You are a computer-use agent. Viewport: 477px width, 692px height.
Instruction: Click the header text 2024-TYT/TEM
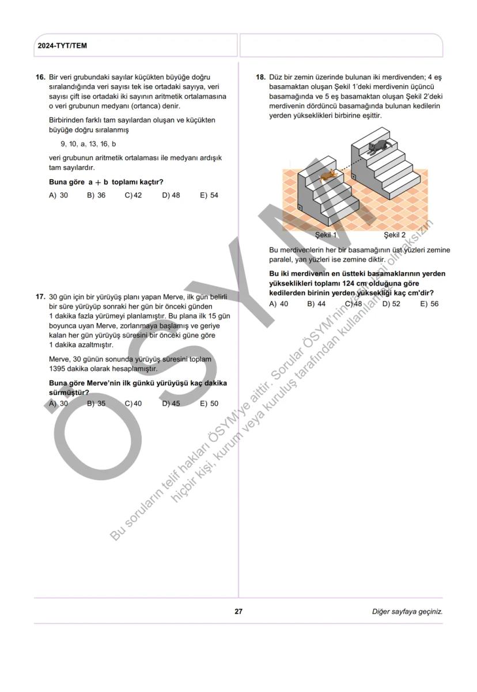point(62,46)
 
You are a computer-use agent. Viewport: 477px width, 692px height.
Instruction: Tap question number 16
point(40,77)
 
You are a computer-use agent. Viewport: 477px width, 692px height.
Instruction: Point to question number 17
point(40,297)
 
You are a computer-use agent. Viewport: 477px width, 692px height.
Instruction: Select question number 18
point(260,77)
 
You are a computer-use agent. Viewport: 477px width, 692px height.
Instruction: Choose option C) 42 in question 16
point(133,195)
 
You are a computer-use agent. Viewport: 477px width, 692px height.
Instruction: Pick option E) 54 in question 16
point(209,195)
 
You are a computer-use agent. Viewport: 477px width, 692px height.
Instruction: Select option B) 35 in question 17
point(96,404)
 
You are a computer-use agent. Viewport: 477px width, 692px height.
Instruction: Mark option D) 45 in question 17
point(171,404)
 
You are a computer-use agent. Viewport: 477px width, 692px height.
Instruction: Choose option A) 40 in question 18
point(279,303)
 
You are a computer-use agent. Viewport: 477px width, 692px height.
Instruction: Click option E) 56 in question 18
point(429,303)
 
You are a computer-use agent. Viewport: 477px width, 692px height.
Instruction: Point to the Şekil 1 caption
point(326,235)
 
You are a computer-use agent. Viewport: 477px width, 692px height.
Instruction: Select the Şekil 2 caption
point(395,235)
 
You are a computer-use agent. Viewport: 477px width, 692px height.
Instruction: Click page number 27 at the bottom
point(238,611)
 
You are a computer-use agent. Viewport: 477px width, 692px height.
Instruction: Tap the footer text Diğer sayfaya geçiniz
point(407,611)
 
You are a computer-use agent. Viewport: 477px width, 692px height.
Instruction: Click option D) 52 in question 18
point(391,303)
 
